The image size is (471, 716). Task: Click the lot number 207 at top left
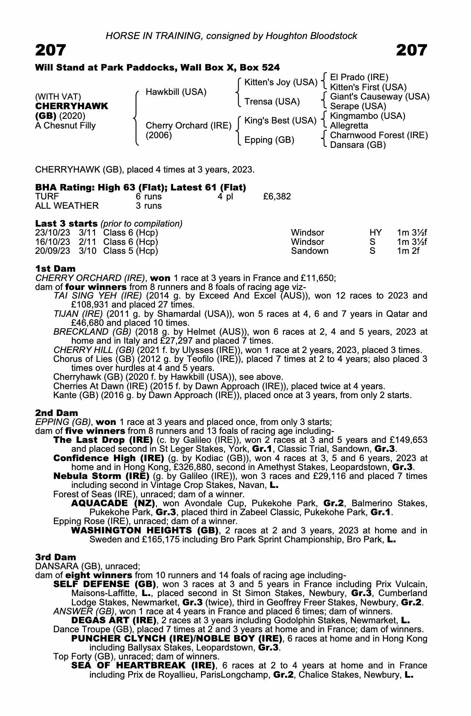pyautogui.click(x=51, y=50)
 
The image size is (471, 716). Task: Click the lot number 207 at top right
pyautogui.click(x=411, y=50)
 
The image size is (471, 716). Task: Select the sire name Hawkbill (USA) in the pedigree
pyautogui.click(x=176, y=92)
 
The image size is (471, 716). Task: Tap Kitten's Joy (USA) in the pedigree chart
pyautogui.click(x=281, y=82)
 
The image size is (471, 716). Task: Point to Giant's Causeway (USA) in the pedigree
pyautogui.click(x=380, y=97)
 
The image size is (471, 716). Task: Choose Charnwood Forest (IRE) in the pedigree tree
pyautogui.click(x=379, y=135)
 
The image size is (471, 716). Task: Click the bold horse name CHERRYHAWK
pyautogui.click(x=72, y=106)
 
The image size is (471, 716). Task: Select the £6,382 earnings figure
pyautogui.click(x=277, y=196)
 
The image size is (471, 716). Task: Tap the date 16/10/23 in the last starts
pyautogui.click(x=52, y=242)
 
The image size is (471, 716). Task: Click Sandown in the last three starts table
pyautogui.click(x=310, y=251)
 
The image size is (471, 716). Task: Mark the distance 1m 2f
pyautogui.click(x=408, y=251)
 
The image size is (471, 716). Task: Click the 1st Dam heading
pyautogui.click(x=56, y=268)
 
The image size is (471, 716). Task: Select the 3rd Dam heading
pyautogui.click(x=56, y=557)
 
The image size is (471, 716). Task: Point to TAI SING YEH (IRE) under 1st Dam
pyautogui.click(x=98, y=296)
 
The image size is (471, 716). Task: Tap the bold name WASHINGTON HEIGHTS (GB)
pyautogui.click(x=145, y=530)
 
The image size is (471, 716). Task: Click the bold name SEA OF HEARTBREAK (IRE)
pyautogui.click(x=143, y=666)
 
